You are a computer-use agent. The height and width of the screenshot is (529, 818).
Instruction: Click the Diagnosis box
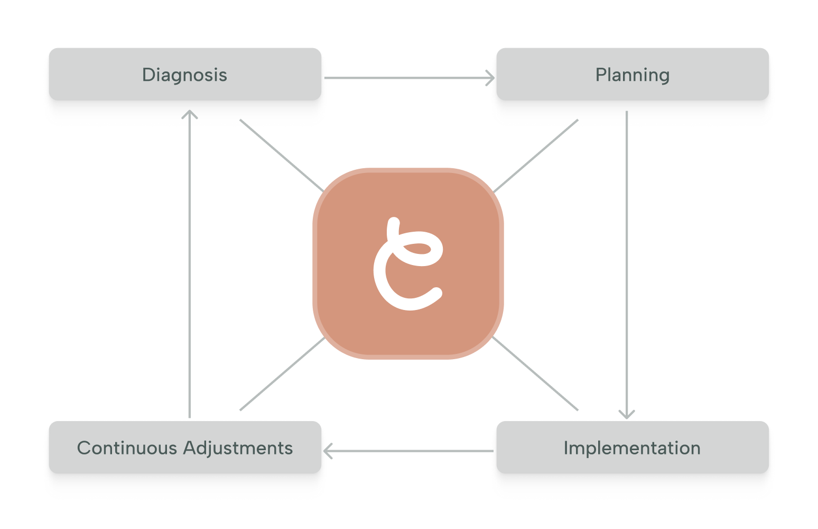(x=185, y=75)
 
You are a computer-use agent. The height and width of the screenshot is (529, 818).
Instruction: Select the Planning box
(x=633, y=75)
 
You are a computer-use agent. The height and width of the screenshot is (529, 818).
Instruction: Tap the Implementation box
(x=633, y=448)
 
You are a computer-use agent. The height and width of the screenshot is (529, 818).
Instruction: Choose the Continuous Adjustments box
(x=185, y=448)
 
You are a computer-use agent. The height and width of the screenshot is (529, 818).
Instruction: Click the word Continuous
(x=127, y=448)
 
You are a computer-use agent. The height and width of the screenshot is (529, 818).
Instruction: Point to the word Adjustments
(x=238, y=448)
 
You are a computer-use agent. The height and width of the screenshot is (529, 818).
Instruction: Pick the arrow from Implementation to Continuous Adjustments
(x=410, y=451)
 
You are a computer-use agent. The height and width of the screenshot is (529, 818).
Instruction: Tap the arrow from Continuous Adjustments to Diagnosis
(x=190, y=264)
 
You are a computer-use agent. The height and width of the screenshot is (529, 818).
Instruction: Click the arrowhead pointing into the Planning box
(x=491, y=78)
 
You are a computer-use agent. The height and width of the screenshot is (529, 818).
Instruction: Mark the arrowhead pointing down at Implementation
(x=627, y=414)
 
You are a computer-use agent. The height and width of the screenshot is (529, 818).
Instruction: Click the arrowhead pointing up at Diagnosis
(x=190, y=114)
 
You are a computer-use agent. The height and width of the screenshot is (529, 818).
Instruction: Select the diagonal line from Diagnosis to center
(x=281, y=156)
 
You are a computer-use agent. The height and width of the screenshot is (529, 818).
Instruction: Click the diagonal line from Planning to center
(x=536, y=156)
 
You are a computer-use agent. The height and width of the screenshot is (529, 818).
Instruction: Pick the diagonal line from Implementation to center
(x=536, y=373)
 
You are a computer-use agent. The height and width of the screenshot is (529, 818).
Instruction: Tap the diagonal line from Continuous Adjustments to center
(x=282, y=374)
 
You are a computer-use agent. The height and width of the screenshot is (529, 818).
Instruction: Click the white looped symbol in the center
(x=407, y=264)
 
